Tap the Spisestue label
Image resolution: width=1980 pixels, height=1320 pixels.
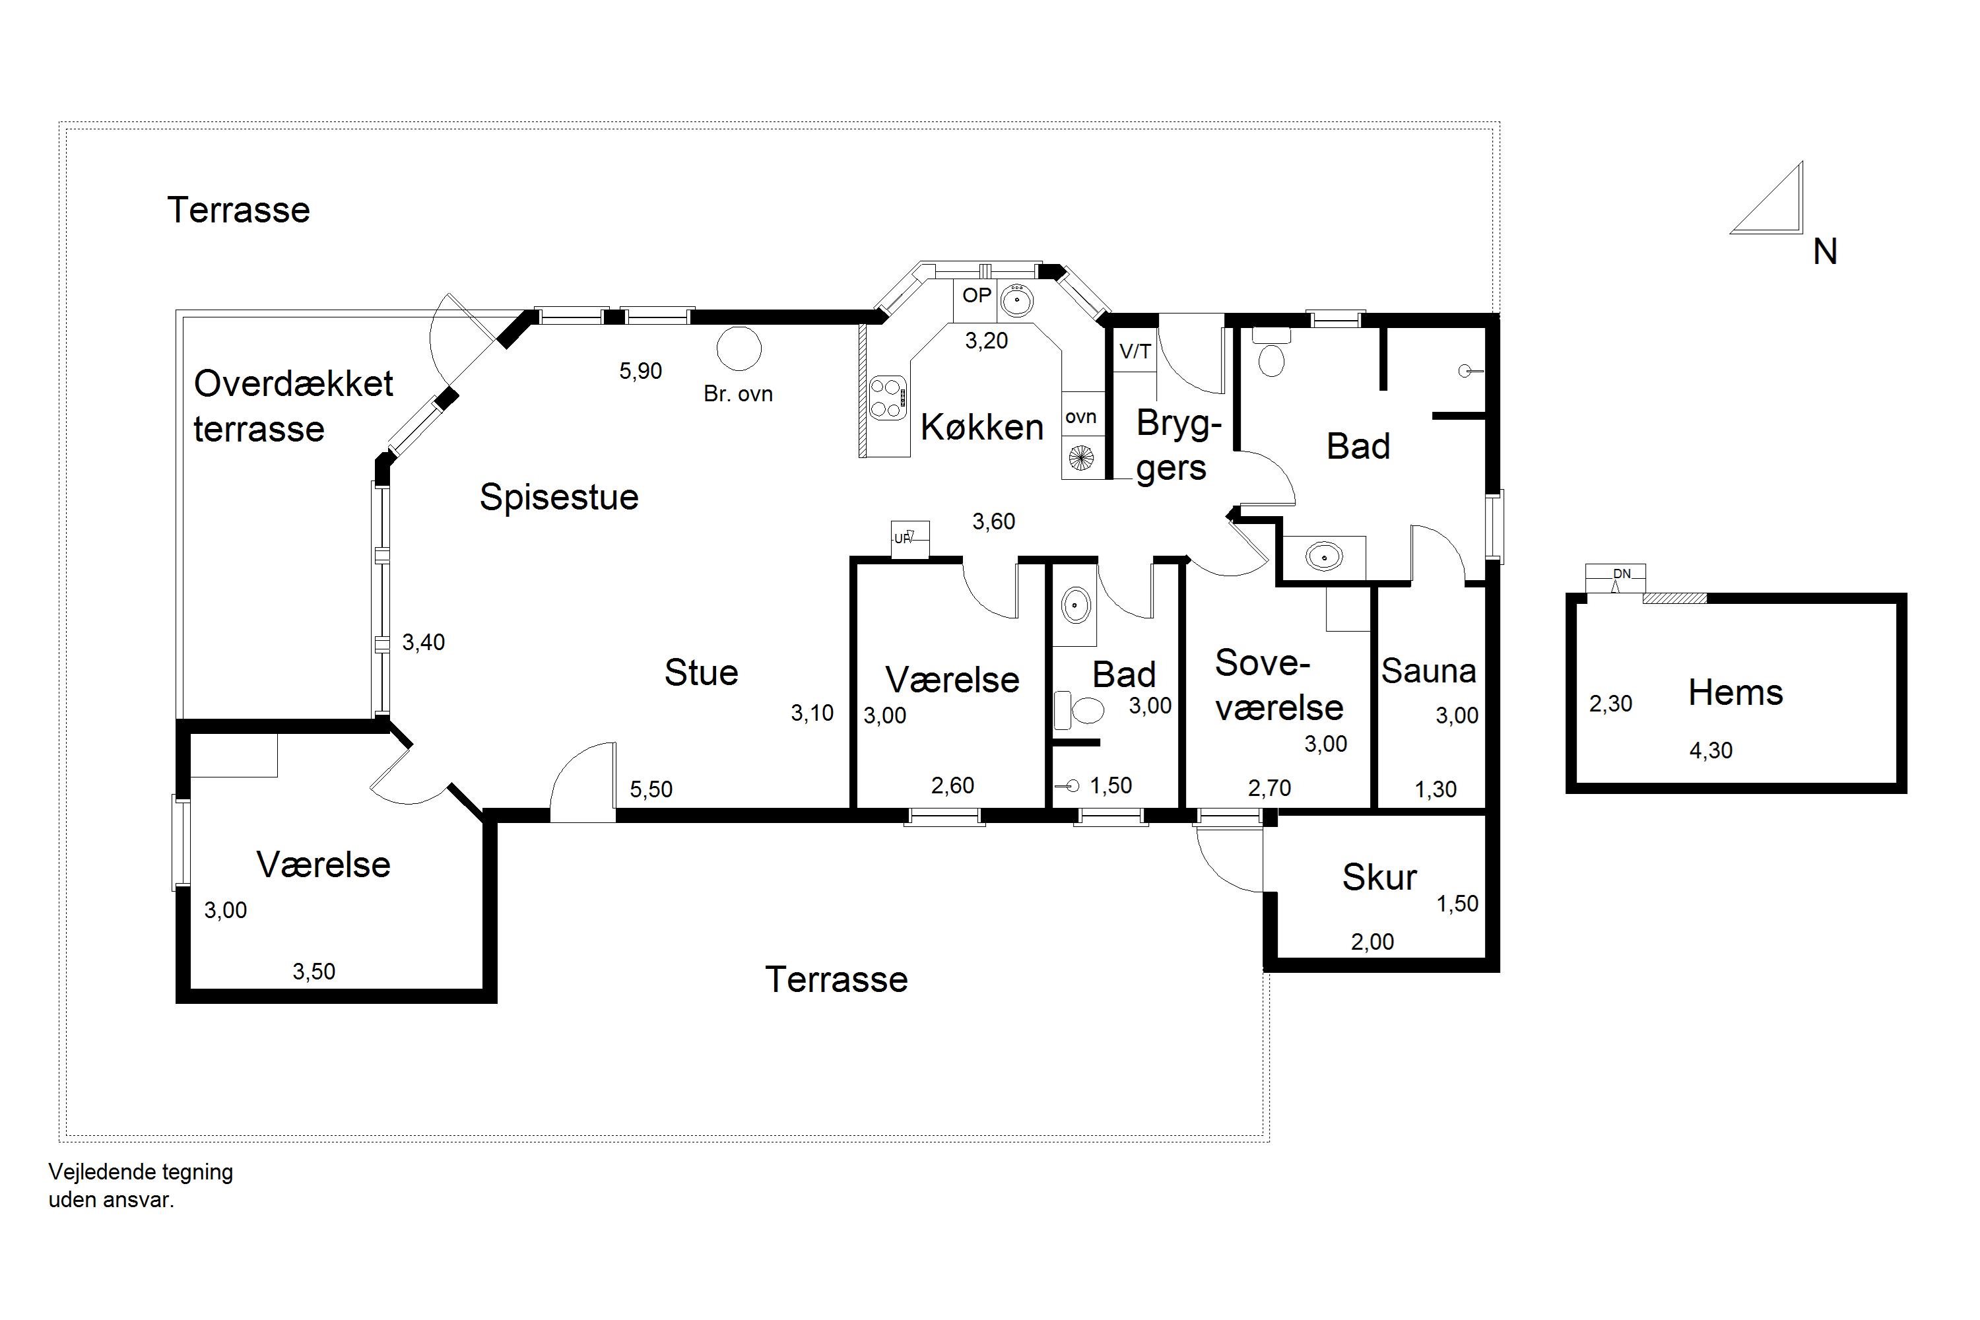tap(559, 498)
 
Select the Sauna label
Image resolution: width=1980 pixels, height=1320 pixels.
tap(1429, 671)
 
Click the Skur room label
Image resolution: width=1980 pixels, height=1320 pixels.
tap(1379, 877)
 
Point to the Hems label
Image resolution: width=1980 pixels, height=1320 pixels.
tap(1735, 693)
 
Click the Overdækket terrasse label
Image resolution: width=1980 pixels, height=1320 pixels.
tap(293, 407)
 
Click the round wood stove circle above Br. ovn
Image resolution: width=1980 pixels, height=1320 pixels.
tap(739, 348)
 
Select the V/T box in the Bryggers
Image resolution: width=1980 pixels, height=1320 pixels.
tap(1135, 352)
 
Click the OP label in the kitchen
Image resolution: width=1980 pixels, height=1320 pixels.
tap(977, 296)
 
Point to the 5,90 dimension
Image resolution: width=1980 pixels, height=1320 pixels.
tap(641, 371)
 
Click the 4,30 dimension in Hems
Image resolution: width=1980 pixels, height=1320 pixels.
tap(1711, 751)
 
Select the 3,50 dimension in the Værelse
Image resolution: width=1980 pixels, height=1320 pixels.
tap(314, 972)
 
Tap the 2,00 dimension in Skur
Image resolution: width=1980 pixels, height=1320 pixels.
tap(1372, 942)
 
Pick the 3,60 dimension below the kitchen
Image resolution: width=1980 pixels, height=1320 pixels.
tap(993, 522)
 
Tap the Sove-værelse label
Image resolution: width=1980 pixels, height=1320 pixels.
tap(1279, 685)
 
